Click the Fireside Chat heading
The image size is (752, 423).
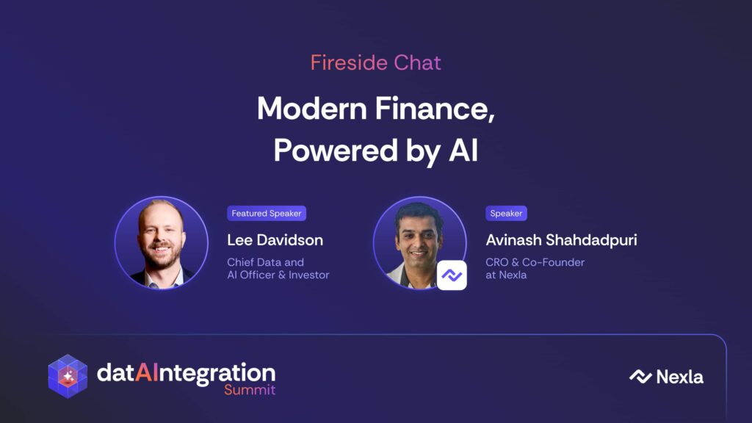pos(375,63)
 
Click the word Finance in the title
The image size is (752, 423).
pos(435,109)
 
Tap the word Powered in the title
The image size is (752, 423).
pos(336,151)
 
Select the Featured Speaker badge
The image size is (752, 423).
pos(267,214)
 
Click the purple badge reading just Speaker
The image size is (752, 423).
pos(506,214)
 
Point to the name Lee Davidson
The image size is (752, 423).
pos(275,240)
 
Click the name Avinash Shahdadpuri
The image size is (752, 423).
pos(561,240)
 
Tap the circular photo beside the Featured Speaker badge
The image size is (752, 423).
pos(161,242)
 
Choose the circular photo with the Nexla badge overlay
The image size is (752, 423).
pos(419,242)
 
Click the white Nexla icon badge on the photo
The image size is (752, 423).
pos(452,275)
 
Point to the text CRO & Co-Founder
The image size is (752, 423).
pos(535,262)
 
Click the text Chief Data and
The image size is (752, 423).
pos(265,262)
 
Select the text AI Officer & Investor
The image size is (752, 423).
pos(278,275)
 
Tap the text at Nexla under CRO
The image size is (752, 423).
pos(506,275)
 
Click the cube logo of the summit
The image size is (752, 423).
pos(68,377)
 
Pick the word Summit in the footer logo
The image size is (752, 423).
pos(250,389)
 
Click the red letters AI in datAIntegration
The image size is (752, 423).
pos(146,372)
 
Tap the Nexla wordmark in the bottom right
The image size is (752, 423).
pos(679,377)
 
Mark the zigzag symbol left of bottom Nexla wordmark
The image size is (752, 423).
pos(640,377)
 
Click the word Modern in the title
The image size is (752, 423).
pos(312,109)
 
